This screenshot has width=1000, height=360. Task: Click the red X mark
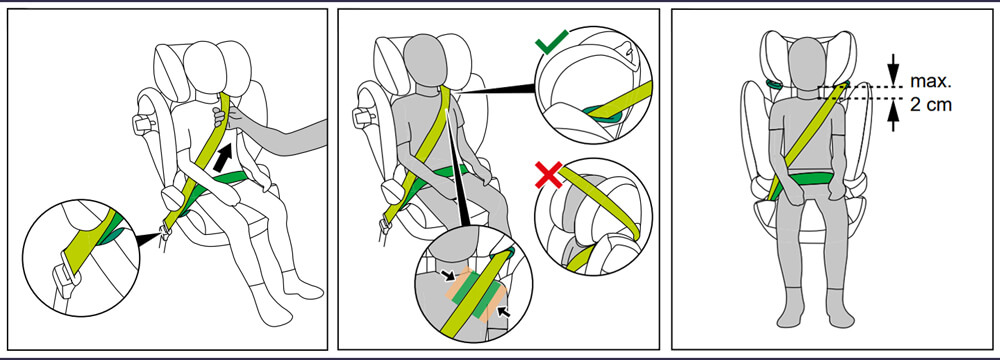pos(549,175)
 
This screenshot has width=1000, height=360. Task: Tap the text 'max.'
pos(930,82)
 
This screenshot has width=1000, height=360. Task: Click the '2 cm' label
pos(930,105)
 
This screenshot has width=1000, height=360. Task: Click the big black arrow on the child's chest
pos(223,157)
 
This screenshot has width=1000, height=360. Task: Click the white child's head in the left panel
pos(205,68)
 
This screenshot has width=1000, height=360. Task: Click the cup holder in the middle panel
pos(364,115)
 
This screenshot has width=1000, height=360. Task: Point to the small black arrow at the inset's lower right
pos(503,312)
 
